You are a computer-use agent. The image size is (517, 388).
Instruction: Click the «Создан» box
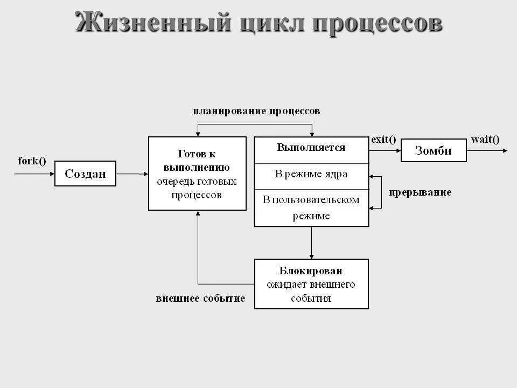pyautogui.click(x=85, y=174)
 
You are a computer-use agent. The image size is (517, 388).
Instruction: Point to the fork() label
pyautogui.click(x=32, y=161)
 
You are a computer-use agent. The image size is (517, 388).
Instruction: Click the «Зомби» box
pyautogui.click(x=433, y=150)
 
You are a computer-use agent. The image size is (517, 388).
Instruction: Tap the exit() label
pyautogui.click(x=383, y=139)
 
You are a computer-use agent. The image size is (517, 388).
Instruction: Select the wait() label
pyautogui.click(x=485, y=139)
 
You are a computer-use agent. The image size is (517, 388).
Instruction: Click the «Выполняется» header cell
pyautogui.click(x=311, y=147)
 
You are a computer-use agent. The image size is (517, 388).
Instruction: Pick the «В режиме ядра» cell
pyautogui.click(x=311, y=174)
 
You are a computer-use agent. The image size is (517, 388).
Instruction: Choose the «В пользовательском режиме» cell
pyautogui.click(x=311, y=207)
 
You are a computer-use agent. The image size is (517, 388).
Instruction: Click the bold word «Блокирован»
pyautogui.click(x=311, y=271)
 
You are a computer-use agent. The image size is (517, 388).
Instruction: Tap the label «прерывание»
pyautogui.click(x=420, y=192)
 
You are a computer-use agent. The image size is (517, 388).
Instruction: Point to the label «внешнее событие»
pyautogui.click(x=200, y=298)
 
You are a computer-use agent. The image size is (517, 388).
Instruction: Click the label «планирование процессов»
pyautogui.click(x=256, y=111)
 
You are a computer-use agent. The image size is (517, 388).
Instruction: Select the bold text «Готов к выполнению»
pyautogui.click(x=197, y=160)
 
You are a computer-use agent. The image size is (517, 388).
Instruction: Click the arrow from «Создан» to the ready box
pyautogui.click(x=132, y=174)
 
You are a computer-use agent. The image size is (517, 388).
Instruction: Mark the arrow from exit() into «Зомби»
pyautogui.click(x=385, y=150)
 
